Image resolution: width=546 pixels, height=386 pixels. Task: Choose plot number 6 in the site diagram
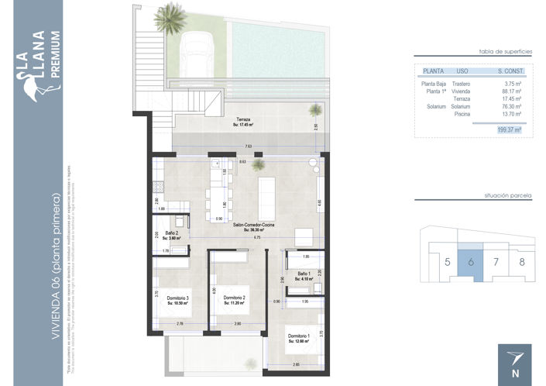point(470,261)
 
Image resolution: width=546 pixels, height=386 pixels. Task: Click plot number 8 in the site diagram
point(521,261)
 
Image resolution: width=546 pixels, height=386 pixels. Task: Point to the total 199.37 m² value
point(509,130)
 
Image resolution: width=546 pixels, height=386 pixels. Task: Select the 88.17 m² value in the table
point(511,91)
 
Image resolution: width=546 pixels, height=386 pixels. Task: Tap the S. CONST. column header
point(510,71)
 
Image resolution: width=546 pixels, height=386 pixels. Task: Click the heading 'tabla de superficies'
point(507,49)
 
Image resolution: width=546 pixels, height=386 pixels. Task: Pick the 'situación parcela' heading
point(507,198)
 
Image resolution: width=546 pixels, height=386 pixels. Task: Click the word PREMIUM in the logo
point(53,55)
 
